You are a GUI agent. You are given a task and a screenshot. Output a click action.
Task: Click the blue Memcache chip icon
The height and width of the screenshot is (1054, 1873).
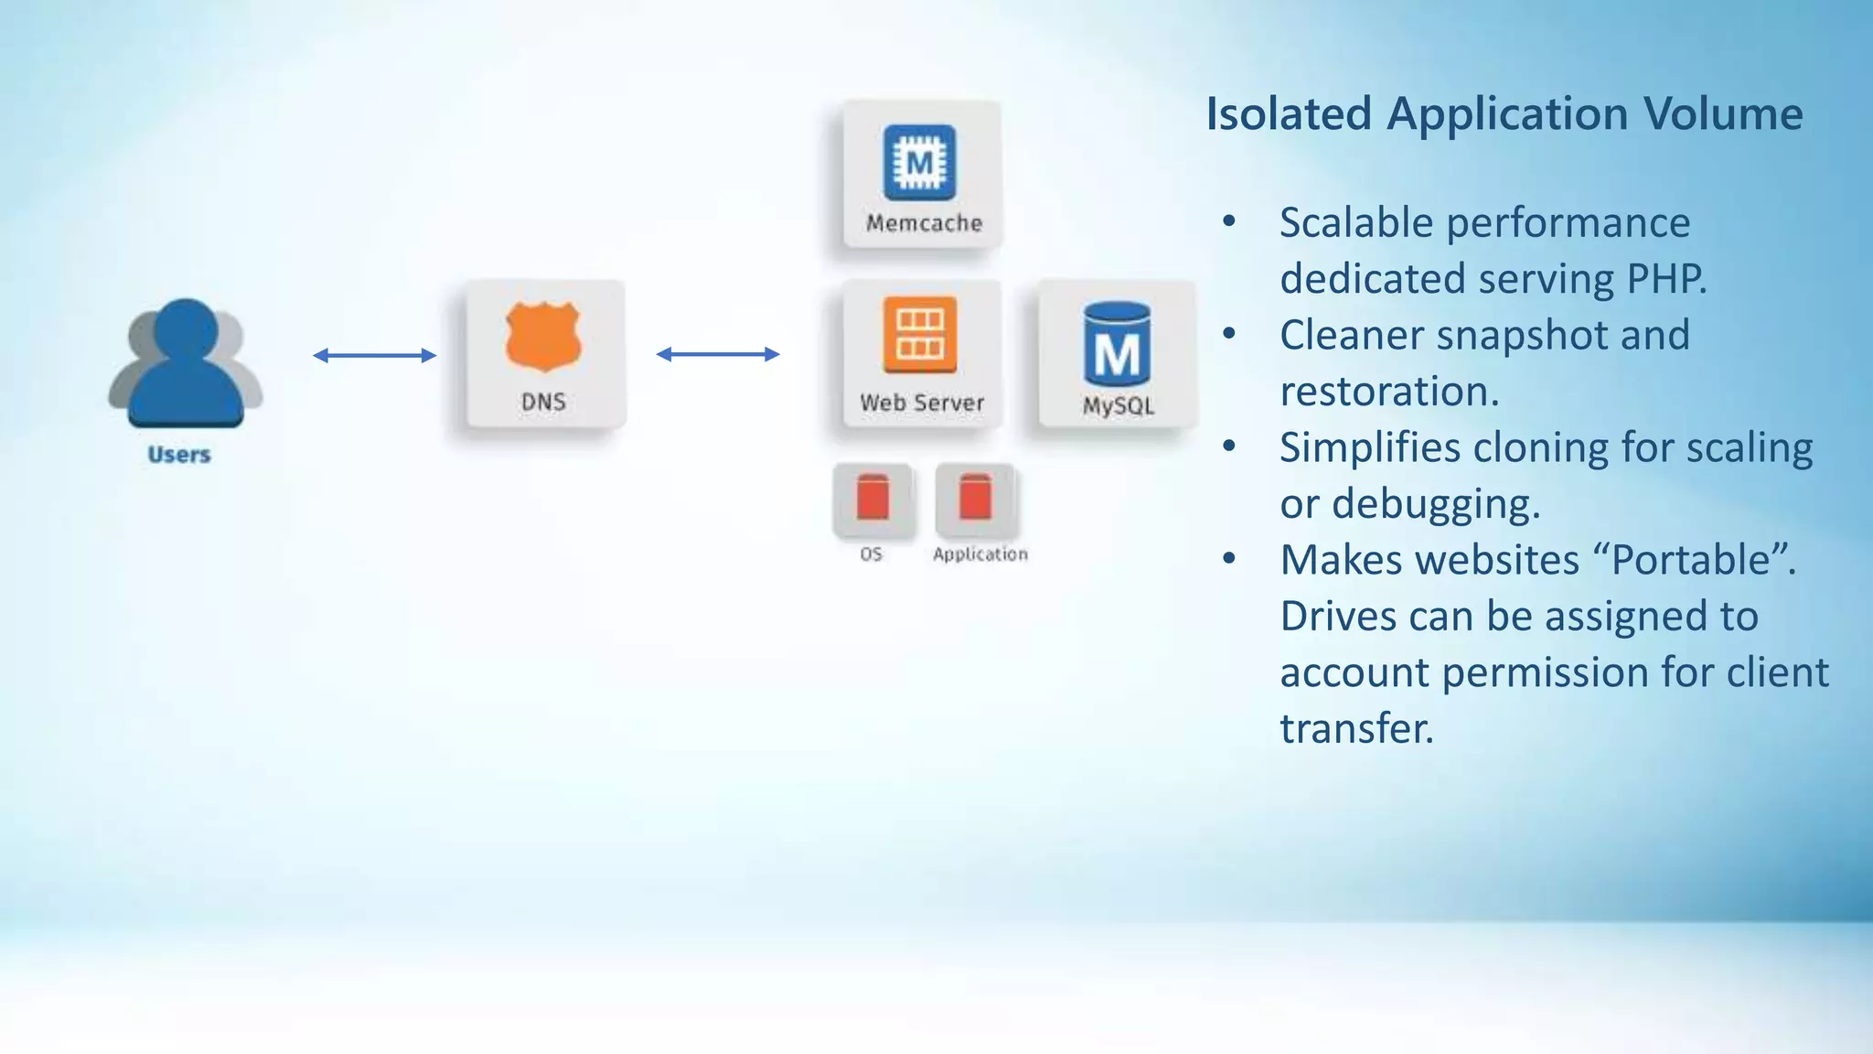919,163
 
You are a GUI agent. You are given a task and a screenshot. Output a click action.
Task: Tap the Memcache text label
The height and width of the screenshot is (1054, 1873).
924,223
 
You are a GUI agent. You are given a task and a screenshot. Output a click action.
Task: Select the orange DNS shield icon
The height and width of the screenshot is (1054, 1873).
543,337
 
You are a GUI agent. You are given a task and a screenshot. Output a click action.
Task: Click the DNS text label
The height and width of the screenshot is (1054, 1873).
543,402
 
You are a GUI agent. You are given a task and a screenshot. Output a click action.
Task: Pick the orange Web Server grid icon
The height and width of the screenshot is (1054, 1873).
920,335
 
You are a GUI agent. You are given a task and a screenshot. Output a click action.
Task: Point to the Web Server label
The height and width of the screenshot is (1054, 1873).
922,403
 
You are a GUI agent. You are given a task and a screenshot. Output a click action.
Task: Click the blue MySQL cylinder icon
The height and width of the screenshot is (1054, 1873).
1117,344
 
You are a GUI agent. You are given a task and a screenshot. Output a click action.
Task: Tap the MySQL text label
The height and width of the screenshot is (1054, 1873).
1118,406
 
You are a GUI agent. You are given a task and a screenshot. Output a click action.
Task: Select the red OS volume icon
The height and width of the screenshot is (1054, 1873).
872,498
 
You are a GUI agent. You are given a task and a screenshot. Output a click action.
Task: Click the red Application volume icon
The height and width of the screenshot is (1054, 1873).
975,498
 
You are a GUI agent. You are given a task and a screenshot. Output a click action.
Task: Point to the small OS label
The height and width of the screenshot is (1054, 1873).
872,554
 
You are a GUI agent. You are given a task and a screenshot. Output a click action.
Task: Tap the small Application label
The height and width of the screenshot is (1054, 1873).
980,554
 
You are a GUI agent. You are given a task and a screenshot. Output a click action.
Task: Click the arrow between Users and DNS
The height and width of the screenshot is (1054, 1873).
374,355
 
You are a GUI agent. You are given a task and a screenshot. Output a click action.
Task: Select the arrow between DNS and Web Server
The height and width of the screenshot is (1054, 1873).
718,354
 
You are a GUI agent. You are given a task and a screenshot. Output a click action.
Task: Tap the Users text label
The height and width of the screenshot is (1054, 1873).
179,455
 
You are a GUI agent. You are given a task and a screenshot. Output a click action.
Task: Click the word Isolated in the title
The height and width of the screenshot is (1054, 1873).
1289,114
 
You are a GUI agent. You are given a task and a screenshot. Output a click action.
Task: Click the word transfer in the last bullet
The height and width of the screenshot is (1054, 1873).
1356,729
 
